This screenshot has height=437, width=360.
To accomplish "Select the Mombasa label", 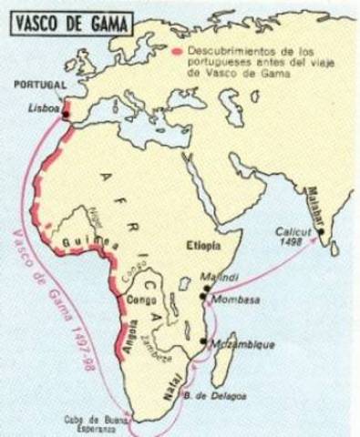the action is [231, 297].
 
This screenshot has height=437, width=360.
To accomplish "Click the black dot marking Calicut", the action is [322, 232].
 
